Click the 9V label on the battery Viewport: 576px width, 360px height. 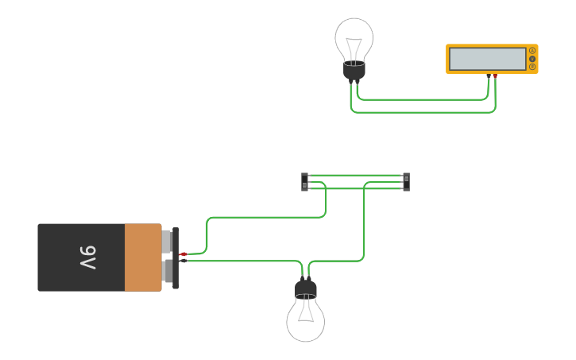point(88,257)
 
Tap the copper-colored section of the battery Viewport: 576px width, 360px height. point(143,257)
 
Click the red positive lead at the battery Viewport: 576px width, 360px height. point(184,254)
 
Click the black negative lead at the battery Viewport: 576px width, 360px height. point(184,261)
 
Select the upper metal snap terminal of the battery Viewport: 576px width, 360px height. point(167,241)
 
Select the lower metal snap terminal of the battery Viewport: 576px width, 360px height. point(167,272)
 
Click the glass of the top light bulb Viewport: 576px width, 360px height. point(354,38)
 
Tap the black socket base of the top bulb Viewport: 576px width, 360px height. point(354,71)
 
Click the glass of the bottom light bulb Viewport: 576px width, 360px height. point(306,319)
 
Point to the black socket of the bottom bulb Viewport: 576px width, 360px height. point(306,288)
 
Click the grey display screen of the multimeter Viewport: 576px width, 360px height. point(487,59)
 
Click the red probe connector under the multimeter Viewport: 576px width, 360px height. point(495,76)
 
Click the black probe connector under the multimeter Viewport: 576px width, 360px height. point(489,76)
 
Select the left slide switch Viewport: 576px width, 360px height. point(305,182)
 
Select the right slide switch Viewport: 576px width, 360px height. point(406,182)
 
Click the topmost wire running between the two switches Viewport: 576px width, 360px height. point(355,175)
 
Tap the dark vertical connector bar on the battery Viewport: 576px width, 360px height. point(176,257)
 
